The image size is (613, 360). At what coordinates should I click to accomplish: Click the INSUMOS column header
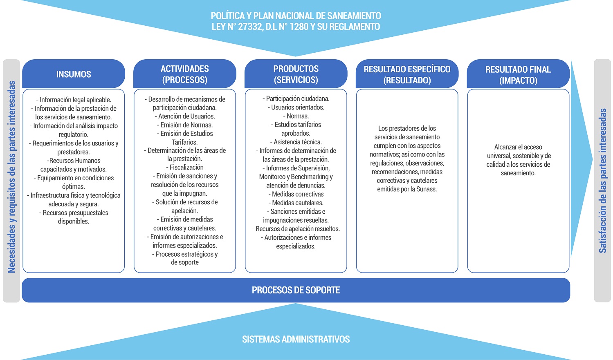(x=74, y=74)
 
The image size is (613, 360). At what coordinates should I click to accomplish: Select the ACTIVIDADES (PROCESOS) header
(x=185, y=74)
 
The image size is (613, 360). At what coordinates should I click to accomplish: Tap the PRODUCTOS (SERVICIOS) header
(x=296, y=74)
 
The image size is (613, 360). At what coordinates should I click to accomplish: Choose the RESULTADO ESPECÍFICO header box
(x=407, y=75)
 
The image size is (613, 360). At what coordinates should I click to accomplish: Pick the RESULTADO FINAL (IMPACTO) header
(x=518, y=75)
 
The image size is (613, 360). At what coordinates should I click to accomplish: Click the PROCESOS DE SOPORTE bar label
(x=296, y=290)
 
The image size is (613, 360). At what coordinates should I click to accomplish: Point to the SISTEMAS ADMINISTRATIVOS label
(x=296, y=339)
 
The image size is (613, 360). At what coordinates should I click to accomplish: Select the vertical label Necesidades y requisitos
(x=11, y=177)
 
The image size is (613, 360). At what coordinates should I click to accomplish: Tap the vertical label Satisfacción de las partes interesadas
(x=602, y=181)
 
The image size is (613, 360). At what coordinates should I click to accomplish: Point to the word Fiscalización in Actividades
(x=186, y=167)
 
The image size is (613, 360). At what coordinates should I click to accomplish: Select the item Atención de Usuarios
(x=186, y=116)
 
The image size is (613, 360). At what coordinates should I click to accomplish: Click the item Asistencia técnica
(x=297, y=142)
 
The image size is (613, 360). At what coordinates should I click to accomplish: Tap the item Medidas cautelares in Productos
(x=297, y=203)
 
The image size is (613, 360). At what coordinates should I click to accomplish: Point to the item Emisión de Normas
(x=186, y=125)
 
